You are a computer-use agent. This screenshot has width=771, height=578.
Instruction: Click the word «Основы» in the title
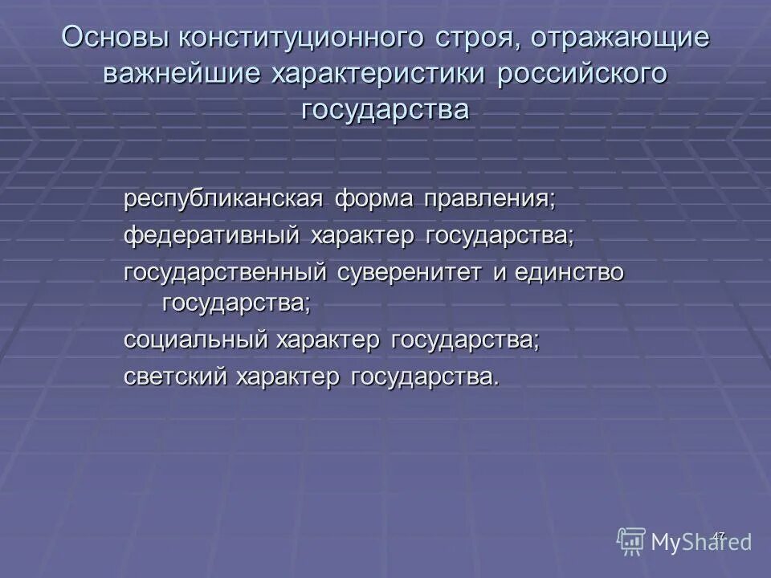114,39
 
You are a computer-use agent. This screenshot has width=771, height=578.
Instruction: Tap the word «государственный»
225,272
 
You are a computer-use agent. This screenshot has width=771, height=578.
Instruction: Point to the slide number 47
719,535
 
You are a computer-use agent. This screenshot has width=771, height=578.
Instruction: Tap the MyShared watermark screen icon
632,541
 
